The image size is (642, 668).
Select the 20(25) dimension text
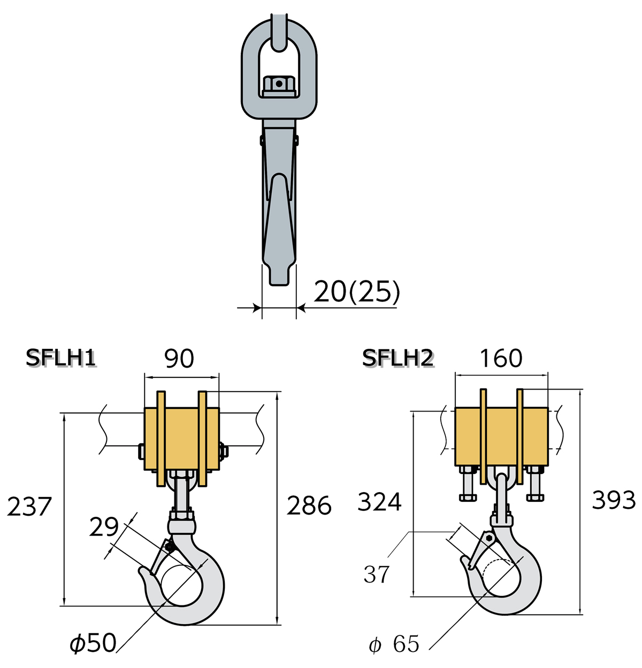coord(357,291)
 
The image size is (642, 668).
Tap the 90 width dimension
coord(179,359)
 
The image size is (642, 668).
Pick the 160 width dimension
coord(501,359)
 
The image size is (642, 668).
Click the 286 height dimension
coord(309,506)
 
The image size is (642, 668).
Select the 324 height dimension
coord(379,502)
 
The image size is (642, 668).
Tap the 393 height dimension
coord(614,500)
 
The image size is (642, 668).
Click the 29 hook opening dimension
coord(104,527)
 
